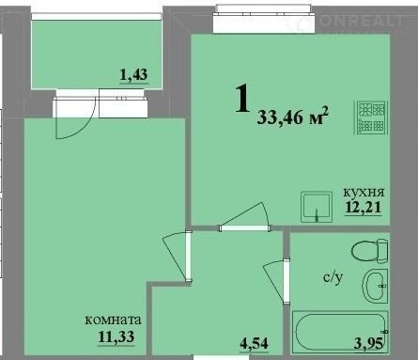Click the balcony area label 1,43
pyautogui.click(x=133, y=75)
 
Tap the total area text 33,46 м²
pyautogui.click(x=293, y=117)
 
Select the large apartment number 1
pyautogui.click(x=242, y=99)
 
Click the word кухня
pyautogui.click(x=364, y=192)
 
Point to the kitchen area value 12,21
pyautogui.click(x=364, y=207)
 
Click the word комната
pyautogui.click(x=114, y=321)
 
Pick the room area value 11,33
pyautogui.click(x=116, y=337)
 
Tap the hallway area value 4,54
pyautogui.click(x=254, y=343)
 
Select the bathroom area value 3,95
pyautogui.click(x=368, y=344)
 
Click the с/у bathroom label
pyautogui.click(x=333, y=277)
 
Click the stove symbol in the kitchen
pyautogui.click(x=371, y=117)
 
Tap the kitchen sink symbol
pyautogui.click(x=317, y=207)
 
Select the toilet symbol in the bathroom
pyautogui.click(x=369, y=250)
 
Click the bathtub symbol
pyautogui.click(x=340, y=333)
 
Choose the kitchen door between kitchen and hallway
pyautogui.click(x=244, y=217)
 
